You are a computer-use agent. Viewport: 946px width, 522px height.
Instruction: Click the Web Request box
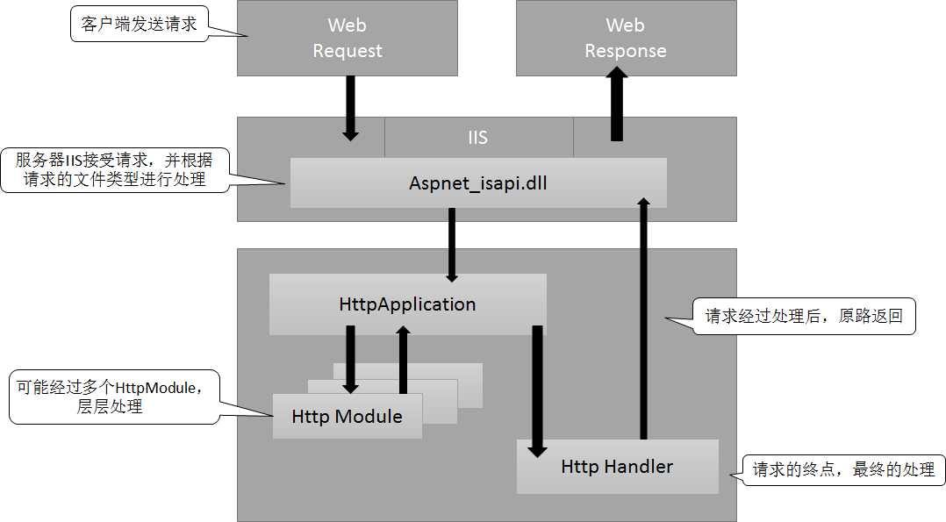point(348,38)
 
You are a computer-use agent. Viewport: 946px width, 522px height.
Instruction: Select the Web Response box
point(626,38)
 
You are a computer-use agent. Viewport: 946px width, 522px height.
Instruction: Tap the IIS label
point(477,138)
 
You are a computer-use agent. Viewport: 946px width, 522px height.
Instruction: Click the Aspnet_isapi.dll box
point(478,183)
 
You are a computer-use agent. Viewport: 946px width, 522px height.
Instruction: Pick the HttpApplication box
point(407,304)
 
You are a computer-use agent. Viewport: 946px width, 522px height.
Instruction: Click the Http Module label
point(348,417)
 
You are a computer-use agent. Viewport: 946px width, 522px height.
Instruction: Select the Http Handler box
point(617,467)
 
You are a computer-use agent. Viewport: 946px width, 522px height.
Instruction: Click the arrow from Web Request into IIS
point(350,107)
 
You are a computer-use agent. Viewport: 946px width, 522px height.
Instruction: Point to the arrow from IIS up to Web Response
point(617,105)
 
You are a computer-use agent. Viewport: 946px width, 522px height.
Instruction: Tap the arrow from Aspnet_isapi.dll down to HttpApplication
point(452,244)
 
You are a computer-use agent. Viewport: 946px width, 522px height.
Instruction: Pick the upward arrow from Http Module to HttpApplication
point(403,360)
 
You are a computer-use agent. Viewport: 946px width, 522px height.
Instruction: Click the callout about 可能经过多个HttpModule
point(114,397)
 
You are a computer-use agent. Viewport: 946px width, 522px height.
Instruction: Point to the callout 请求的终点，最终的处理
point(843,469)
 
